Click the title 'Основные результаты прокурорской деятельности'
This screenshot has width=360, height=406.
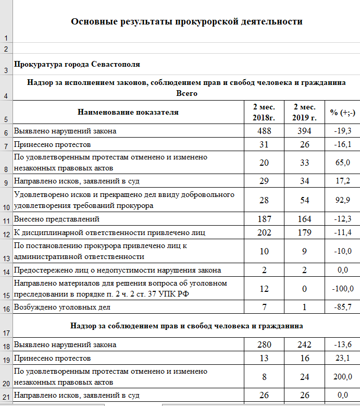pyautogui.click(x=187, y=22)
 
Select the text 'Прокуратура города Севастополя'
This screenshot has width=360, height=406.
pyautogui.click(x=78, y=65)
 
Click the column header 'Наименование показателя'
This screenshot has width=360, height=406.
pyautogui.click(x=128, y=112)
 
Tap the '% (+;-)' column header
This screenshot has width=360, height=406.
pyautogui.click(x=342, y=112)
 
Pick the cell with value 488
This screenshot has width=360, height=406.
pyautogui.click(x=264, y=131)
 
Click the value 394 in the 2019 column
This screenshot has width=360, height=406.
pyautogui.click(x=304, y=131)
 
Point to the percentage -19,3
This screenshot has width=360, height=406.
pyautogui.click(x=342, y=131)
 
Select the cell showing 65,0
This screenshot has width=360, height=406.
pyautogui.click(x=342, y=163)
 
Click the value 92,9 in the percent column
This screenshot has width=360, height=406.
pyautogui.click(x=342, y=200)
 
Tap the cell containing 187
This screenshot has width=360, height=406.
pyautogui.click(x=264, y=219)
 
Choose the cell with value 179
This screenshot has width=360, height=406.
pyautogui.click(x=304, y=232)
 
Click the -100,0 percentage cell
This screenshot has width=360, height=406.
pyautogui.click(x=342, y=288)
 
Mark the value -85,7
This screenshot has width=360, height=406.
pyautogui.click(x=342, y=307)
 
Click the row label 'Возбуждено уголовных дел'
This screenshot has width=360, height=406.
pyautogui.click(x=62, y=307)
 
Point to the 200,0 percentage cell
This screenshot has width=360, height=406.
pyautogui.click(x=342, y=377)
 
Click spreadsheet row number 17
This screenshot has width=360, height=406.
pyautogui.click(x=6, y=333)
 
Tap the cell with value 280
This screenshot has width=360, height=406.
pyautogui.click(x=264, y=345)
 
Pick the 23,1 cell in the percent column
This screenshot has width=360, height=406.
pyautogui.click(x=342, y=358)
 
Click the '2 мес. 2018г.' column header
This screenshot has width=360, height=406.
pyautogui.click(x=264, y=112)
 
